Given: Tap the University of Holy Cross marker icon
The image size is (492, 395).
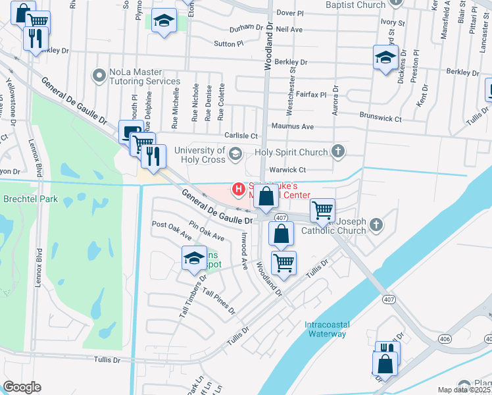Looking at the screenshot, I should tap(235, 155).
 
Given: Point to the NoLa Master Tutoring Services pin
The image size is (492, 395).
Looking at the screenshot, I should tap(99, 76).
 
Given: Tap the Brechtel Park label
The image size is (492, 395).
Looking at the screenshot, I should tap(30, 199).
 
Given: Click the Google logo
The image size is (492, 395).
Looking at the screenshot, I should tap(22, 387).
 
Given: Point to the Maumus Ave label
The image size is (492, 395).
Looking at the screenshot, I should tap(292, 126).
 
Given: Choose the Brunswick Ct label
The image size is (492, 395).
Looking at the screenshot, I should tap(380, 118).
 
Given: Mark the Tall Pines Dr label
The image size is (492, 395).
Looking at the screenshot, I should tap(218, 301).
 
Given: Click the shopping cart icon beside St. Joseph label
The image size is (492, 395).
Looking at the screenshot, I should tap(322, 211).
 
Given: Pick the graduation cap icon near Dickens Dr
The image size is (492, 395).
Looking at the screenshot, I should tap(385, 57).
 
